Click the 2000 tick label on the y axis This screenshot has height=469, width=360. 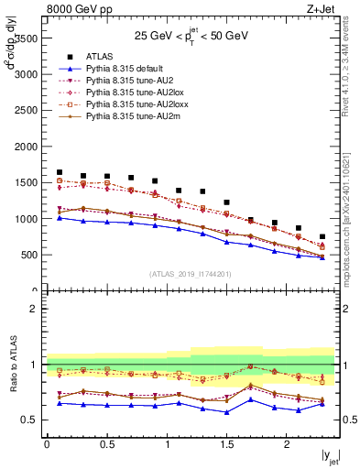point(25,147)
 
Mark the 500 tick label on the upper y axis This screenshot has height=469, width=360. point(27,255)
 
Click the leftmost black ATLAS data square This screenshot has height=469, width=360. point(60,172)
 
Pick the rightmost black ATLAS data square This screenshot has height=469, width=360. point(322,236)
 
